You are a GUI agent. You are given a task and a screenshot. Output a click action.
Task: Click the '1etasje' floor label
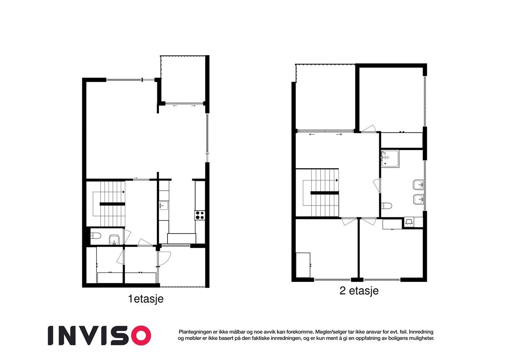146,299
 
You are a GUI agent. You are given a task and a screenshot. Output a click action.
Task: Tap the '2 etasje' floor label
359,291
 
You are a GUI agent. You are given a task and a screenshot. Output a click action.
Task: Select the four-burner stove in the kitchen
200,215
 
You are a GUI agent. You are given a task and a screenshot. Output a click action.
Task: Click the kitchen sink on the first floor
163,206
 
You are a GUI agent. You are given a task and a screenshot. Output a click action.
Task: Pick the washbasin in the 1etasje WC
114,241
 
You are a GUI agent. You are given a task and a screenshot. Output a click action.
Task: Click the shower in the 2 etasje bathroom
390,158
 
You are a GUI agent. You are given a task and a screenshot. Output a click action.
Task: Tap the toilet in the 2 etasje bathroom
386,206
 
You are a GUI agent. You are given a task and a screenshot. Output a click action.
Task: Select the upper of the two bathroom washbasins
418,185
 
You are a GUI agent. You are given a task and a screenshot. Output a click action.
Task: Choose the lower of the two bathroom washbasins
418,198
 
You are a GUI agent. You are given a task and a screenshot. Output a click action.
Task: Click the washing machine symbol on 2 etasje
410,222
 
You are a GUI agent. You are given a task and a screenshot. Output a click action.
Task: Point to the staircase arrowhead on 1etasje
123,192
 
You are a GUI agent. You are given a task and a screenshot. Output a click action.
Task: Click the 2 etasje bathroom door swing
376,186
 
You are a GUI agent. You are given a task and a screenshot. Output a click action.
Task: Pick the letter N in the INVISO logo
74,335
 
